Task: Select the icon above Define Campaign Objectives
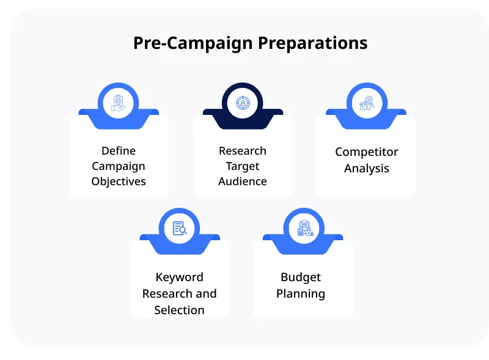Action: (x=119, y=103)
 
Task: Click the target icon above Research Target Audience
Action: (x=243, y=103)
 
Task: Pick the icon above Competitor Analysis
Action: (x=367, y=103)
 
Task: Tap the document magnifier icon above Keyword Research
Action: (x=180, y=229)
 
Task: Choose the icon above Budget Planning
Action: (x=304, y=229)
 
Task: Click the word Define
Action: (x=119, y=151)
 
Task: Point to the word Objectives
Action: (x=119, y=182)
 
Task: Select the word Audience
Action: (x=243, y=182)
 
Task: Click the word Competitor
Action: (x=367, y=152)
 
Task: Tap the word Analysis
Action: (x=367, y=168)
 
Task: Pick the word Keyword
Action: (x=180, y=277)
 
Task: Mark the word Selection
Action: (x=180, y=310)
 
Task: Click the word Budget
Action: (x=301, y=277)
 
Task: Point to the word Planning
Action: (x=301, y=294)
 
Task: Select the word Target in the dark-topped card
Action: (x=243, y=166)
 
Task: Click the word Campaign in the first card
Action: (x=119, y=166)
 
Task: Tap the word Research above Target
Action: (x=243, y=151)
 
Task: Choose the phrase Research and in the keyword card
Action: (x=180, y=293)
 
